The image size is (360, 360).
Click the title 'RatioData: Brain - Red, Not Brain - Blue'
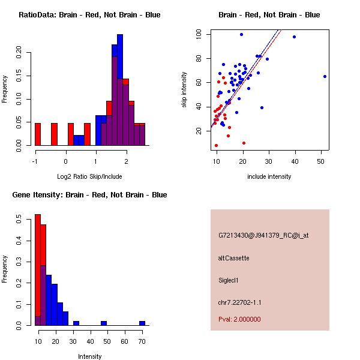(89, 15)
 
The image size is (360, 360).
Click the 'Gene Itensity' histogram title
(89, 195)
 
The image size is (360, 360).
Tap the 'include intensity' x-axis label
(269, 176)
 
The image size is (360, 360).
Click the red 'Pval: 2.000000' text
(239, 319)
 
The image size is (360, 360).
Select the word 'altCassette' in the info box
(233, 258)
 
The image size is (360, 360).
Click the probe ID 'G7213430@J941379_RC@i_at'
(258, 236)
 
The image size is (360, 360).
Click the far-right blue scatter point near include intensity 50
(325, 76)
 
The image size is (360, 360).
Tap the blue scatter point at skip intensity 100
(241, 34)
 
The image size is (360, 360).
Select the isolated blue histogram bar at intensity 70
(142, 323)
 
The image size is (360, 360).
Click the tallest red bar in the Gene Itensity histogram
(37, 270)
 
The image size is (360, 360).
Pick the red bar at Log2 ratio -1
(37, 134)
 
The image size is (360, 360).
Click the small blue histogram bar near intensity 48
(104, 323)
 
